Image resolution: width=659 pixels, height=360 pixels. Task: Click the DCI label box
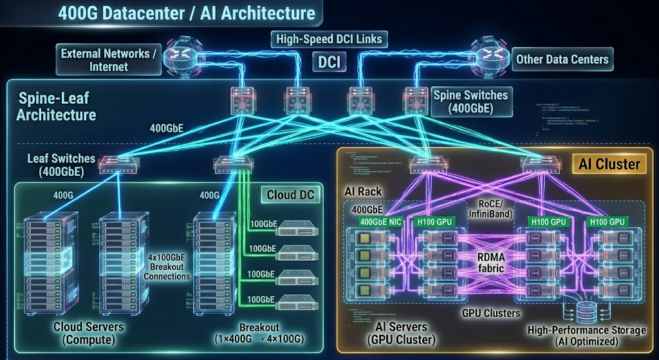[x=329, y=62]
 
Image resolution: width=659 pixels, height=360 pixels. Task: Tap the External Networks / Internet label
[x=109, y=59]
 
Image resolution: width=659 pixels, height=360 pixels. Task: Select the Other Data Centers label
[x=562, y=59]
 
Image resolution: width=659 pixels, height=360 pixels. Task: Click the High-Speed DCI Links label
[x=329, y=39]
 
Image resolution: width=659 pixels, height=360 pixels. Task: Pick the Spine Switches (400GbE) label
[x=470, y=102]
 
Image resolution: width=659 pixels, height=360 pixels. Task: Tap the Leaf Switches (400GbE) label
[x=61, y=165]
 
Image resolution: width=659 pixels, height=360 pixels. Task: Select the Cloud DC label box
[x=292, y=193]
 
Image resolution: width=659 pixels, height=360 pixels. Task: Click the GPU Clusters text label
[x=490, y=313]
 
